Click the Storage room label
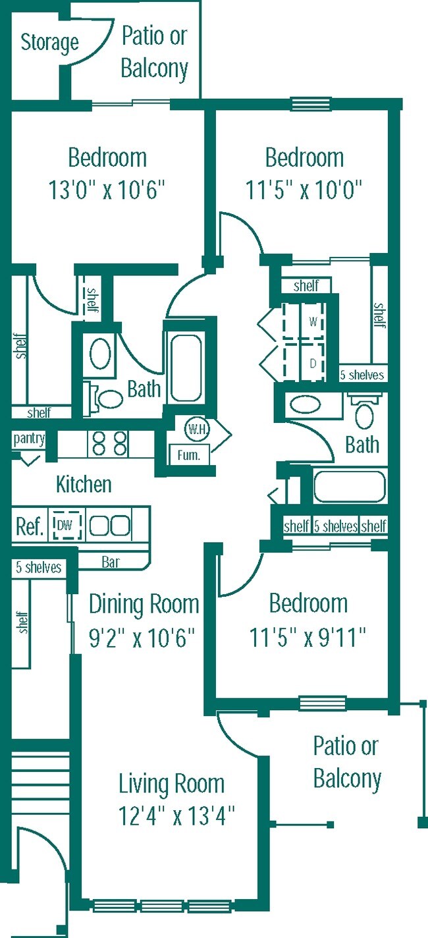coord(49,43)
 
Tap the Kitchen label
coord(84,485)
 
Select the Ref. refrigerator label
coord(29,526)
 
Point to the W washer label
coord(313,323)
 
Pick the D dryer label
coord(313,363)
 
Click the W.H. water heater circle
coord(196,429)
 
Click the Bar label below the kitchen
coord(111,563)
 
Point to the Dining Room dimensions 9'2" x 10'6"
coord(143,638)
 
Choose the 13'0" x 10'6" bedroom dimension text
coord(106,191)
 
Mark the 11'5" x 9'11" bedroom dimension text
coord(308,638)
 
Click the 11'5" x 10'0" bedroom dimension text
coord(305,191)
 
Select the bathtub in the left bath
coord(186,368)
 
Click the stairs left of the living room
coord(40,780)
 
